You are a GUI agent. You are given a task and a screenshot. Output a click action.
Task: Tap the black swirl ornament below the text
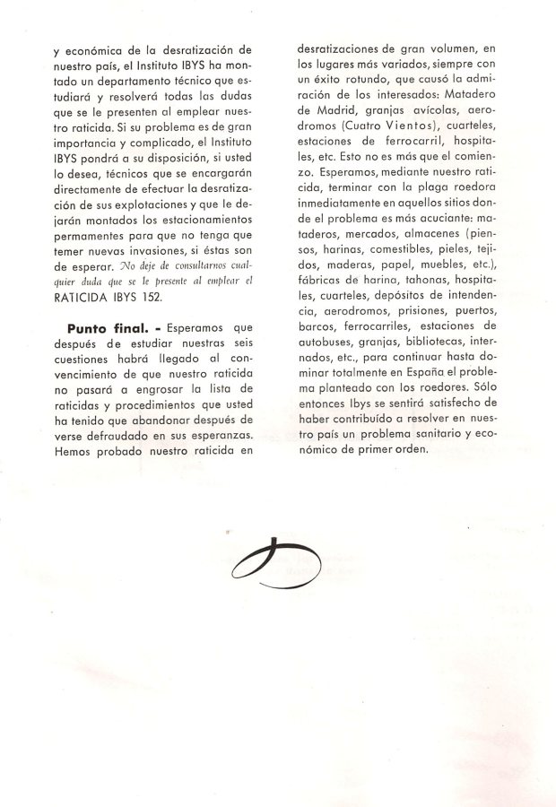click(282, 560)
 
